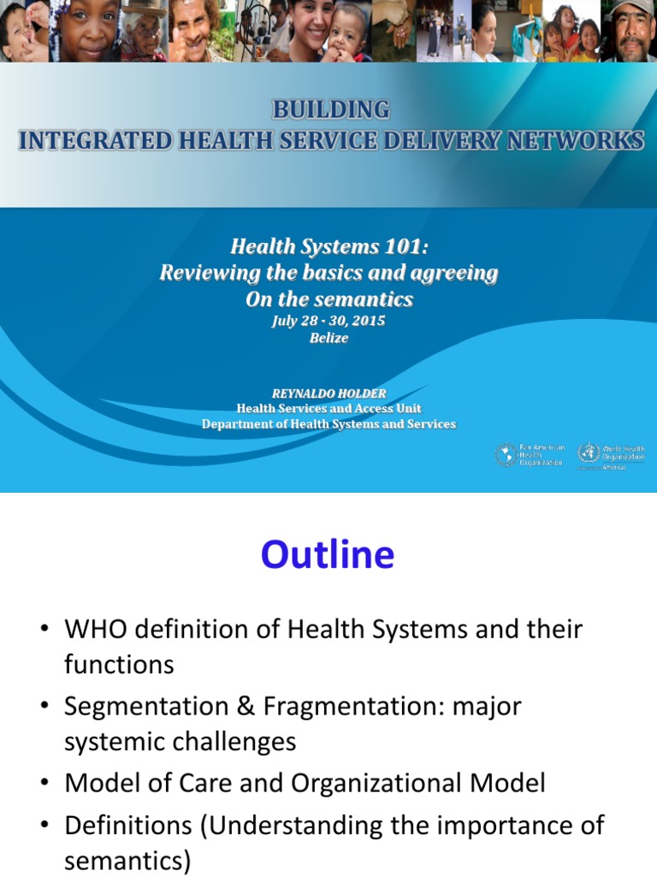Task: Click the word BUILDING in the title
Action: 330,109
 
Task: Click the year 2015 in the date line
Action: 367,321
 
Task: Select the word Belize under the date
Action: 328,338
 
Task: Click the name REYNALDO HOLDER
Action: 328,393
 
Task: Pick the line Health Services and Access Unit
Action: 328,408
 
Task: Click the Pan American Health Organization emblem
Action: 506,454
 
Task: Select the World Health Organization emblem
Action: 588,454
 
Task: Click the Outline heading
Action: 328,555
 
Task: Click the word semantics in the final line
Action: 127,860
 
